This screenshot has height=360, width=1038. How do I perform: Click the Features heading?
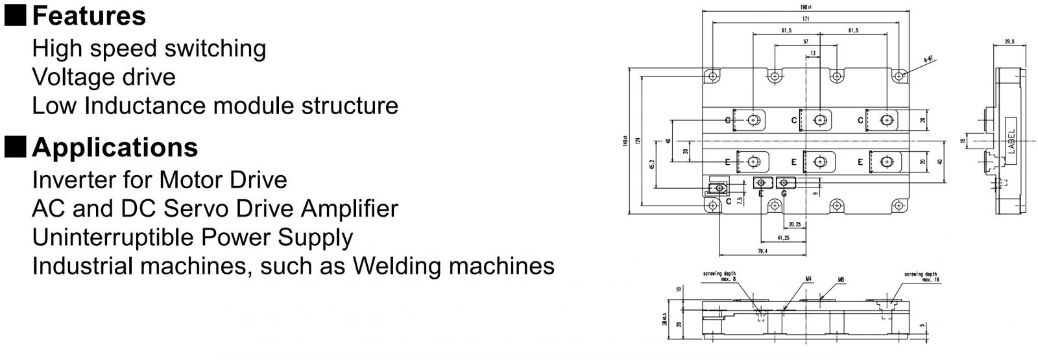point(89,16)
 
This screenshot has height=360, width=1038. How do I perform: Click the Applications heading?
point(115,148)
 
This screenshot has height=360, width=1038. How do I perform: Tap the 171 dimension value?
point(805,19)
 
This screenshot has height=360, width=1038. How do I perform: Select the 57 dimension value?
point(806,42)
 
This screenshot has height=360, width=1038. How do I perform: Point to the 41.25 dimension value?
point(783,238)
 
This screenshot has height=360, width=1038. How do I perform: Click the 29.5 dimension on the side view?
point(1009,42)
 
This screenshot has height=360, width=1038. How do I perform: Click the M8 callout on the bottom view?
point(841,280)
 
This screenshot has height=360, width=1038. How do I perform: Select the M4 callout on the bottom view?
point(808,279)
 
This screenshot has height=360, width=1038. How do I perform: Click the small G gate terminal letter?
point(784,193)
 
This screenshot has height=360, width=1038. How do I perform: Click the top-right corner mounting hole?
point(899,76)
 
